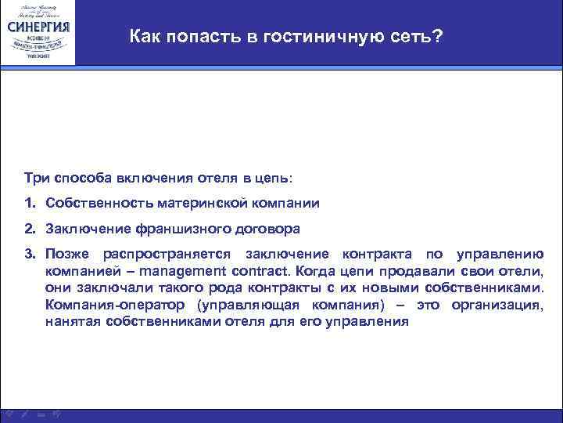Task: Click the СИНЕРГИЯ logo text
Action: (x=38, y=25)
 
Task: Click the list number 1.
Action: (x=28, y=203)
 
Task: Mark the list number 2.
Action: (x=28, y=229)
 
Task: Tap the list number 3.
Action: (x=28, y=255)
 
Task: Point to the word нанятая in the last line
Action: (x=73, y=321)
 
